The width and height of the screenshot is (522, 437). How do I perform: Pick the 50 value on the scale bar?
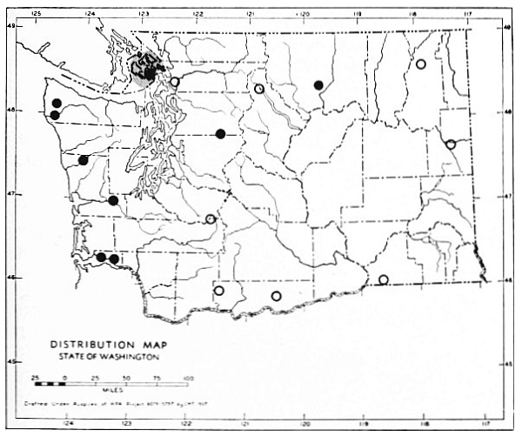click(127, 376)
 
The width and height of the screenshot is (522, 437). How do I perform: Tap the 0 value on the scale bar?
click(66, 376)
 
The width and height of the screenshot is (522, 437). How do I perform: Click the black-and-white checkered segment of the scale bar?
click(50, 384)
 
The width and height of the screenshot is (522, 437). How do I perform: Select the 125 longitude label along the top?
click(36, 14)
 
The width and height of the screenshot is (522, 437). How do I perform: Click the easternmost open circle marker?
click(451, 145)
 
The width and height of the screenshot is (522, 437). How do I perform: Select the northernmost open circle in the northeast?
click(421, 64)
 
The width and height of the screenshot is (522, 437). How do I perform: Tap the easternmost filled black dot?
click(318, 84)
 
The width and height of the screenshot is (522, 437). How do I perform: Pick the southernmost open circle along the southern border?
click(277, 296)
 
